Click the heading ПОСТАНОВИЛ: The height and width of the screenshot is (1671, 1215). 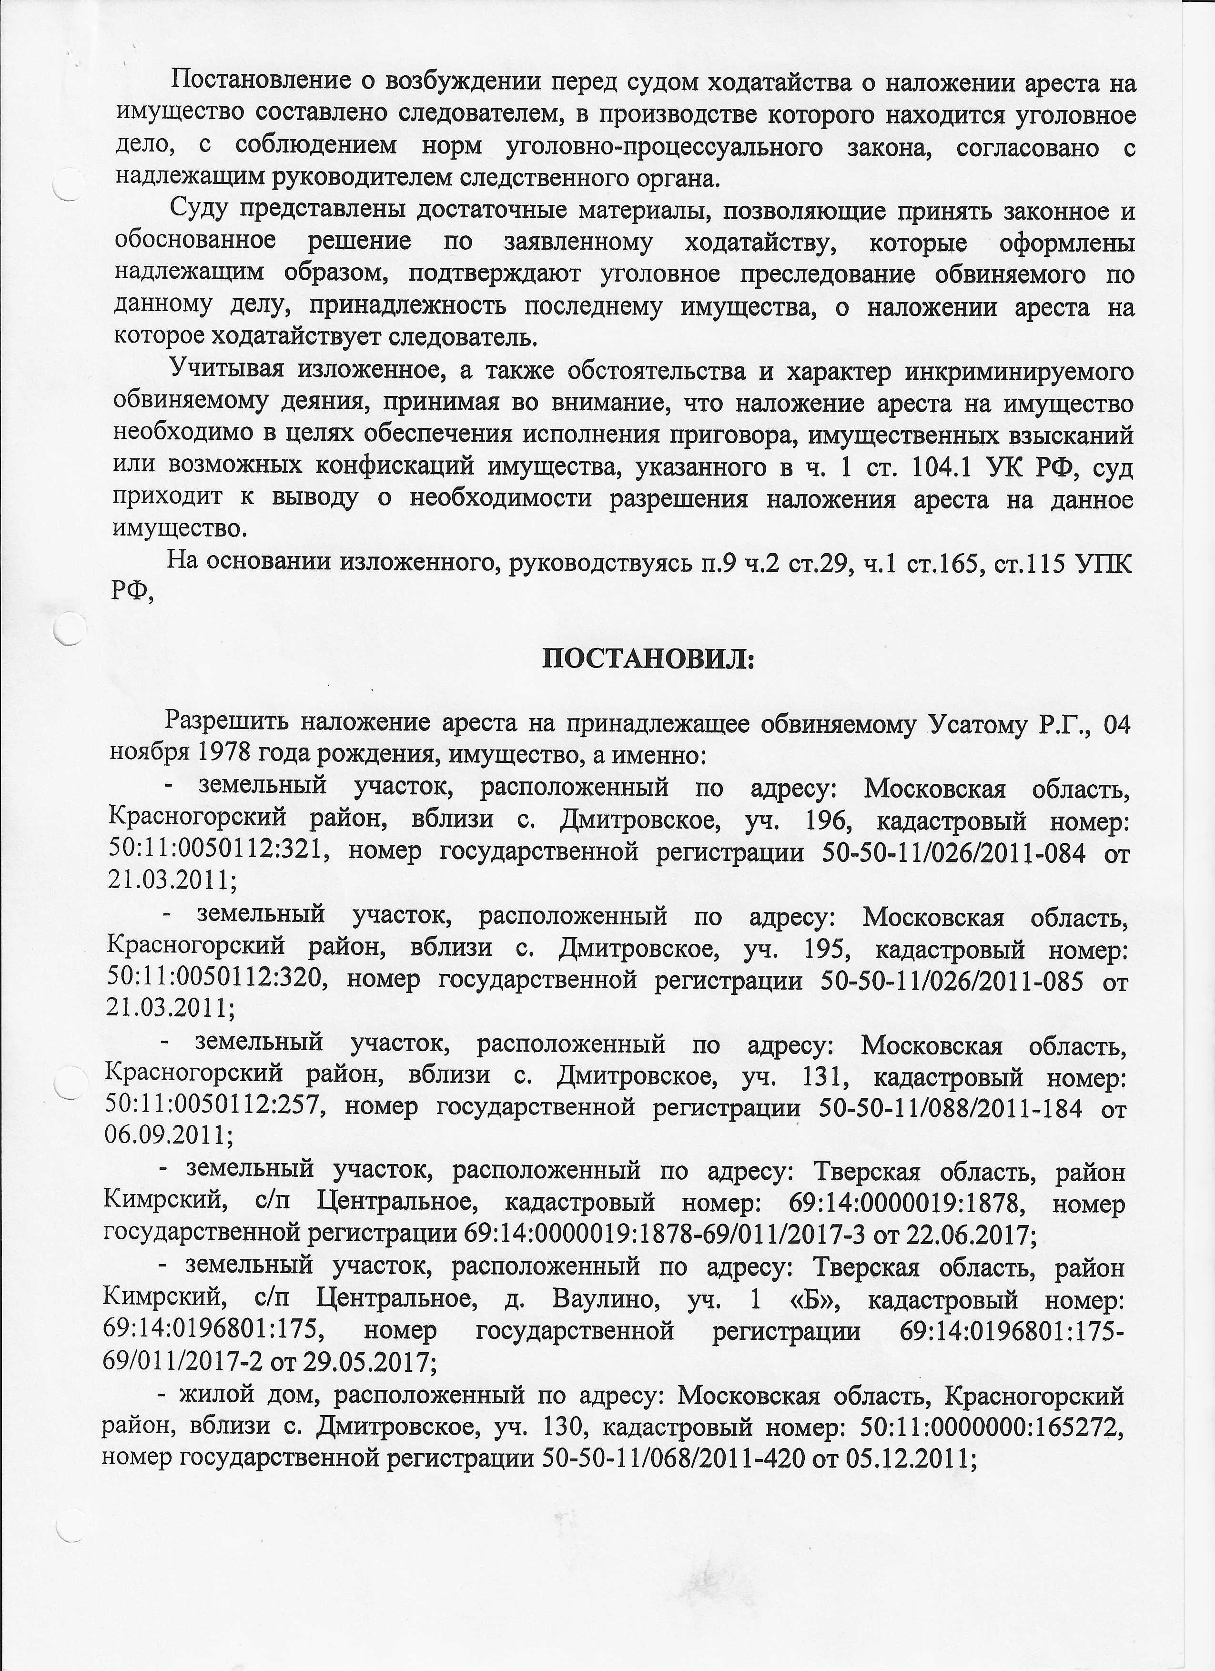[x=648, y=658]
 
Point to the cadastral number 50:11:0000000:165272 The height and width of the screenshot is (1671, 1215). [x=990, y=1427]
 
